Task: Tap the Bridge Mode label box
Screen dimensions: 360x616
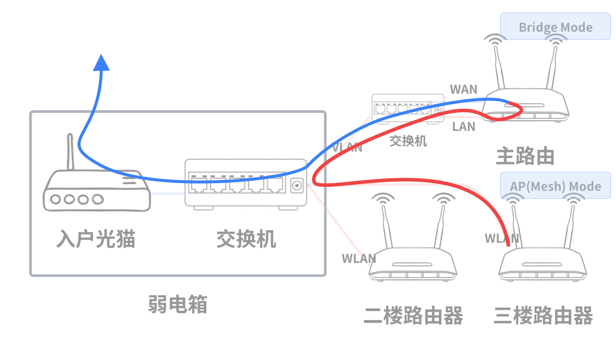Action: [555, 27]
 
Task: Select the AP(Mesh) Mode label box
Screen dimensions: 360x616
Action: [555, 186]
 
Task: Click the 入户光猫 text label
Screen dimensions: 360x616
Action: [96, 239]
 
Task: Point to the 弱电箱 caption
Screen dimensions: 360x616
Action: [178, 304]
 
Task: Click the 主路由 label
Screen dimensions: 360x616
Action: [525, 156]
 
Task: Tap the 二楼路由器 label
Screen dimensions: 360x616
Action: [413, 316]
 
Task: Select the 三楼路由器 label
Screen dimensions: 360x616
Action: [543, 316]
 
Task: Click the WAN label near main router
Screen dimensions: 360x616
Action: [464, 90]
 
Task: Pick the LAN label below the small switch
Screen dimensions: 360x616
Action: [464, 126]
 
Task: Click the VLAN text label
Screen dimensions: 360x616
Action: [347, 148]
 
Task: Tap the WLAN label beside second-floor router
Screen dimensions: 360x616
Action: [359, 259]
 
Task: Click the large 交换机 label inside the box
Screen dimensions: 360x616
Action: [246, 239]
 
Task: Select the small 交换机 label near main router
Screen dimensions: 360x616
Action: [408, 141]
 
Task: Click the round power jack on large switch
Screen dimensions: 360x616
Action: [297, 186]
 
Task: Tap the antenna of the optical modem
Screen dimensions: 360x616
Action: [70, 151]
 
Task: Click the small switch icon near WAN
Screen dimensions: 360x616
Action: [408, 109]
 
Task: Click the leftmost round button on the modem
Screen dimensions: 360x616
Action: [56, 199]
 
